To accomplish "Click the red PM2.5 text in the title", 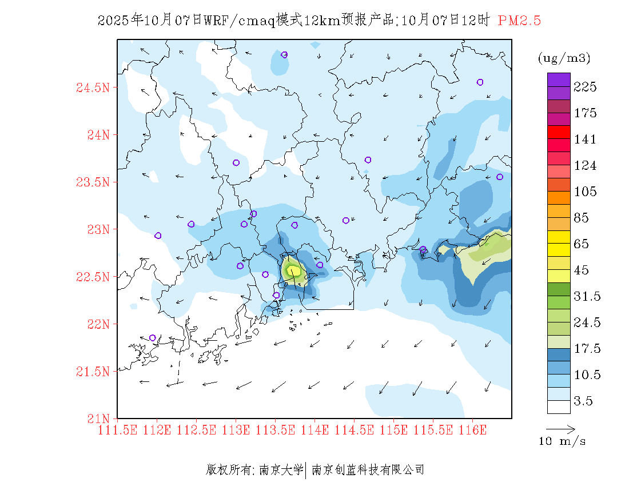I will [x=519, y=21].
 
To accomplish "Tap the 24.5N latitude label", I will [x=92, y=88].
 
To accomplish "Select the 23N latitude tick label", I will [x=97, y=230].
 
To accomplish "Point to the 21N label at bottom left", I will [x=97, y=419].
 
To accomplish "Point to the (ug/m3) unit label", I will [x=564, y=58].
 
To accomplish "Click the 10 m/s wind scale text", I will [x=563, y=441].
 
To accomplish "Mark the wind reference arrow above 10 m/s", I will [x=560, y=428].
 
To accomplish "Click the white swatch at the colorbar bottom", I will [x=559, y=407].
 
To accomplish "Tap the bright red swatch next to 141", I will [x=559, y=132].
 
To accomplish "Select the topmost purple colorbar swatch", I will [x=559, y=79].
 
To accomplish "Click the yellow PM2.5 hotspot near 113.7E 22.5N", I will [x=293, y=270].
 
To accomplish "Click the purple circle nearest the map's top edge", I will [x=284, y=55].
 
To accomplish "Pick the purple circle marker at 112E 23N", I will [x=158, y=236].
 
